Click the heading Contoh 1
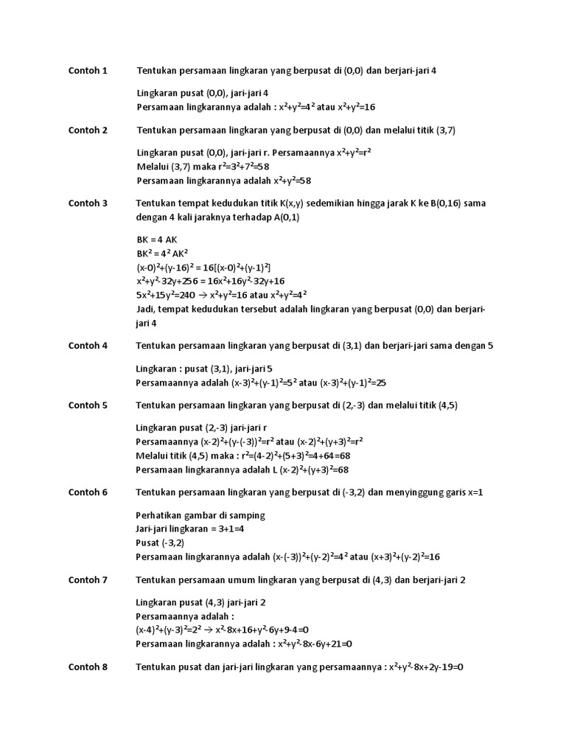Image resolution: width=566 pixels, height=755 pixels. pos(88,71)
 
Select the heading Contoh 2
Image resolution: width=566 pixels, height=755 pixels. pos(88,131)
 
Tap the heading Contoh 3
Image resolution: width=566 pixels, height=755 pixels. pos(88,203)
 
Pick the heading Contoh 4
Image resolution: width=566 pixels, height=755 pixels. pos(88,345)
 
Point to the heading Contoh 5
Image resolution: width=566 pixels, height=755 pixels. pos(88,405)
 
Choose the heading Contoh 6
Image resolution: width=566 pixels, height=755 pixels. pos(88,492)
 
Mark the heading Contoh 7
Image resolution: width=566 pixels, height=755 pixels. pos(88,580)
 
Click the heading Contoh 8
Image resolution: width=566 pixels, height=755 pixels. pos(88,667)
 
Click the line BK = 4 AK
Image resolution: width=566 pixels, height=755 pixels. pos(157,240)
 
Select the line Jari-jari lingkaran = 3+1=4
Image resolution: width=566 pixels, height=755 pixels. pos(190,529)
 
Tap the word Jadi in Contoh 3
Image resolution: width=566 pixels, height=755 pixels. pos(146,310)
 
